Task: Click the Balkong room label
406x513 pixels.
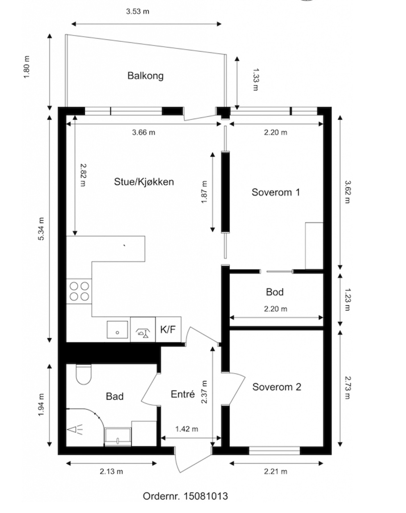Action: tap(145, 76)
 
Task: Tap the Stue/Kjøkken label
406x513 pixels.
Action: tap(144, 182)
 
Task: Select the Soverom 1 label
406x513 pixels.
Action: tap(276, 192)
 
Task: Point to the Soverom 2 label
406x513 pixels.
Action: tap(277, 387)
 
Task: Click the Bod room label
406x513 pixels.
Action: tap(275, 292)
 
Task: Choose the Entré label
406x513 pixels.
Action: tap(183, 394)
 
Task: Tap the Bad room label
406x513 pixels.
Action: tap(115, 396)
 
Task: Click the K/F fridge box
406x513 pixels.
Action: tap(168, 329)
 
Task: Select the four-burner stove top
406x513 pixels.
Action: tap(79, 291)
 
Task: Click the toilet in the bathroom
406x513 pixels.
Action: tap(84, 374)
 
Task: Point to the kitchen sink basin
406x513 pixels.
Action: tap(117, 330)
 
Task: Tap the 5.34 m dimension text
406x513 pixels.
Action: tap(42, 229)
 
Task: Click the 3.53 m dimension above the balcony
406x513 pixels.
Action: tap(138, 12)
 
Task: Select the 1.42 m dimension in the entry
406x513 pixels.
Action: tap(187, 429)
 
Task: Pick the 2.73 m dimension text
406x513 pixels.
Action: tap(348, 388)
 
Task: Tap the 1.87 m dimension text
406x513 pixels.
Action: tap(204, 192)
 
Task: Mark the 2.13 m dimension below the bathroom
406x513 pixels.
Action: tap(111, 472)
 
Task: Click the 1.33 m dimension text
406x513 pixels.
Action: tap(255, 79)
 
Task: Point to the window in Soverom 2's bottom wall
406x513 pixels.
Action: tap(275, 451)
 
